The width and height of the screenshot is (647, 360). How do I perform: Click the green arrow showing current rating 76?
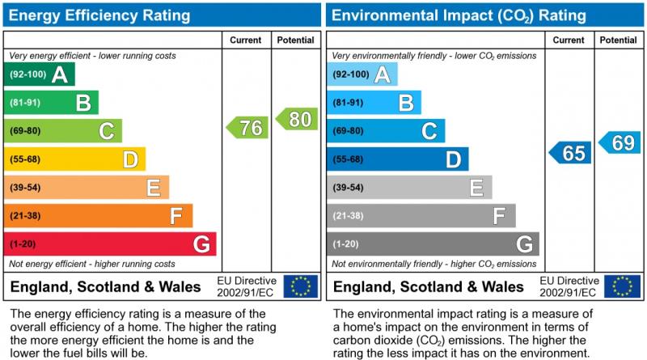pos(247,127)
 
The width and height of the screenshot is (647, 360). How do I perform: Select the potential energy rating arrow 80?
pos(296,119)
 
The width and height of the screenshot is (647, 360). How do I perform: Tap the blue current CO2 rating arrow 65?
pos(570,153)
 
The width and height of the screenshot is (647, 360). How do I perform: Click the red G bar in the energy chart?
pos(110,244)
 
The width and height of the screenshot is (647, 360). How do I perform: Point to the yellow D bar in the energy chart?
pos(74,159)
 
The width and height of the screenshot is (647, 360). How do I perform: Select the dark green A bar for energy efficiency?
pos(39,74)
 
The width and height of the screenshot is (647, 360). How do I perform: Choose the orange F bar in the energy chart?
pos(98,216)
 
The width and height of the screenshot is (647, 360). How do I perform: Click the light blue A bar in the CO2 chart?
pos(362,74)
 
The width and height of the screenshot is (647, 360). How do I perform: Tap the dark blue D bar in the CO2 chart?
pos(397,159)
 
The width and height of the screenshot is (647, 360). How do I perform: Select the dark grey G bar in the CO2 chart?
pos(433,244)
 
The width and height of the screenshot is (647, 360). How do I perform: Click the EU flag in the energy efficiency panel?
pos(301,286)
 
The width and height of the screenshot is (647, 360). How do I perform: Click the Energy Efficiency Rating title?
pos(100,15)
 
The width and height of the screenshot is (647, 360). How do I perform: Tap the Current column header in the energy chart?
pos(246,40)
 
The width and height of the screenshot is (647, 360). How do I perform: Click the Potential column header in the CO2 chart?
pos(619,40)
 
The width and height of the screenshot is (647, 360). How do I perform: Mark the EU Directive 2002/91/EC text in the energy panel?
pos(247,286)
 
